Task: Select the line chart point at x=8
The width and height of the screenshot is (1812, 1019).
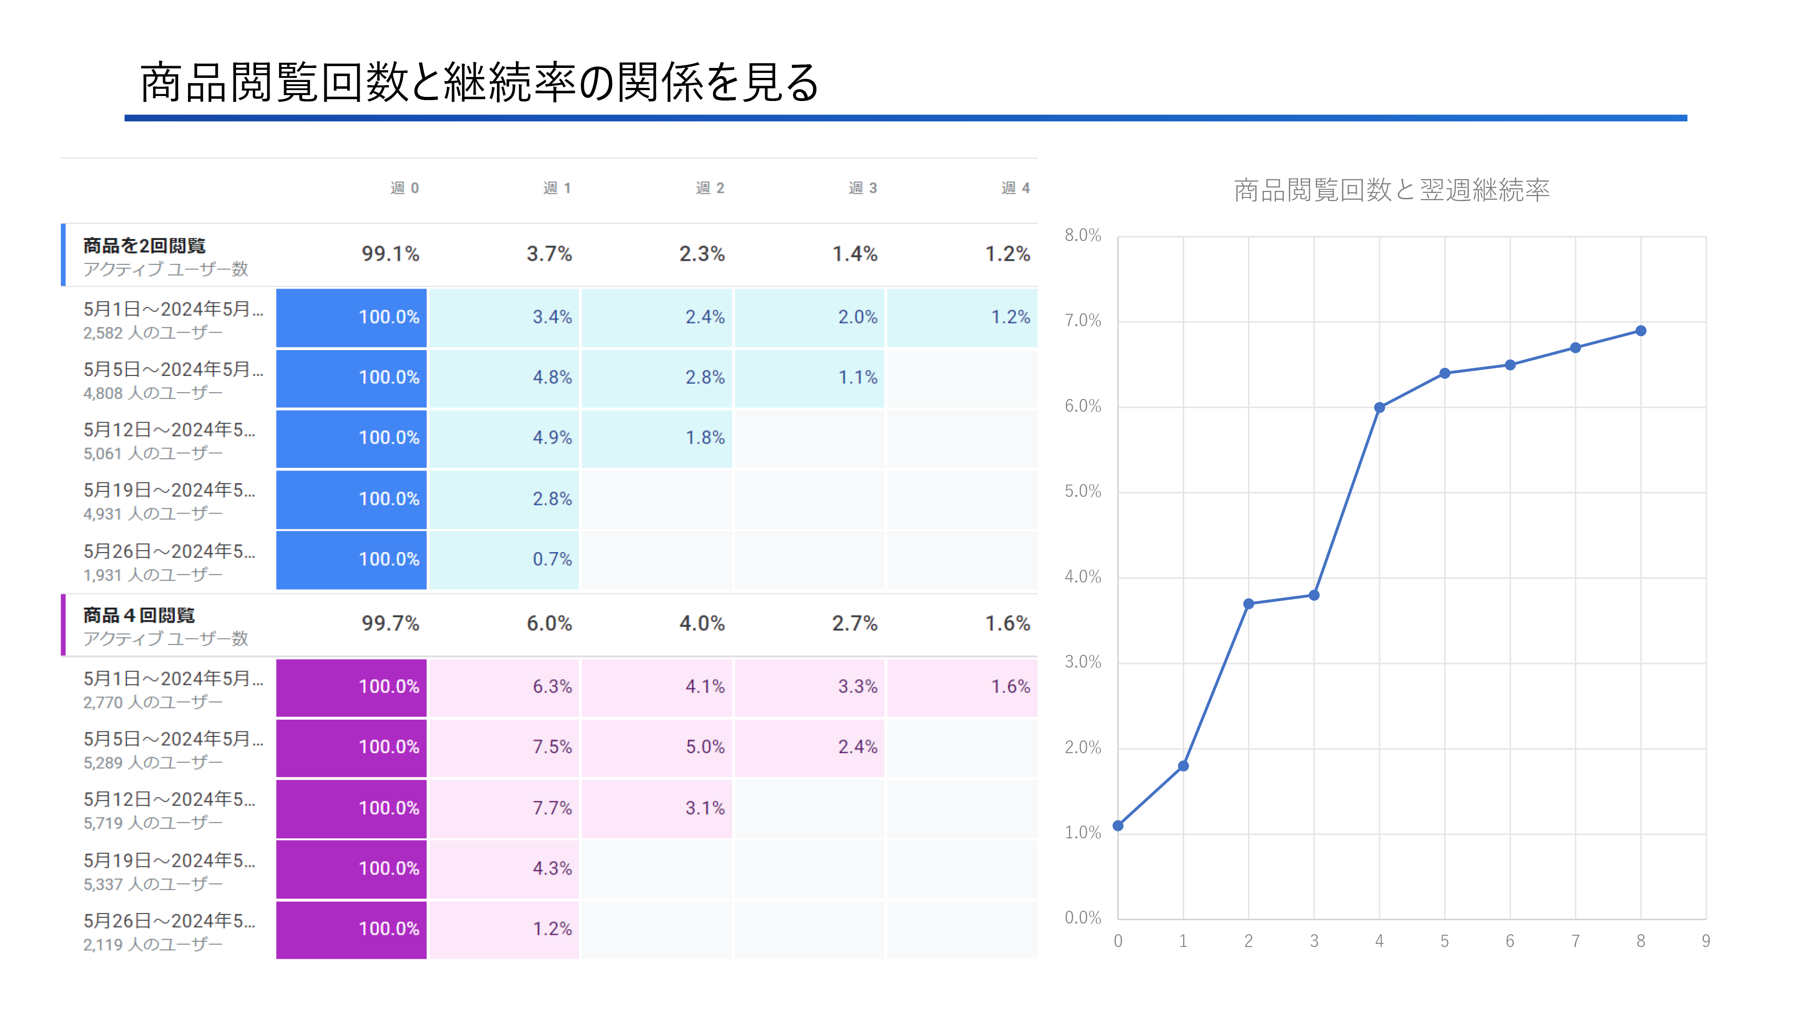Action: pyautogui.click(x=1640, y=331)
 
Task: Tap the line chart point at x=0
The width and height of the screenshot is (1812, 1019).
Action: pyautogui.click(x=1118, y=826)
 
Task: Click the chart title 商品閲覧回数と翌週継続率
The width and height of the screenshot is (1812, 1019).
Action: pyautogui.click(x=1391, y=190)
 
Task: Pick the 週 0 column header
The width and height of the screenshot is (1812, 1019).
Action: pyautogui.click(x=405, y=188)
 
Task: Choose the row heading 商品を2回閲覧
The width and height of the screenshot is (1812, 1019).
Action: pyautogui.click(x=144, y=245)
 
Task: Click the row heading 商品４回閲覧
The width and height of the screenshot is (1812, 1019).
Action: pyautogui.click(x=139, y=615)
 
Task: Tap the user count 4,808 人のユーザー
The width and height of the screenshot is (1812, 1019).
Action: pyautogui.click(x=153, y=393)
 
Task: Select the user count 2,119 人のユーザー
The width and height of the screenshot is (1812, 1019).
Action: pyautogui.click(x=153, y=944)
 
